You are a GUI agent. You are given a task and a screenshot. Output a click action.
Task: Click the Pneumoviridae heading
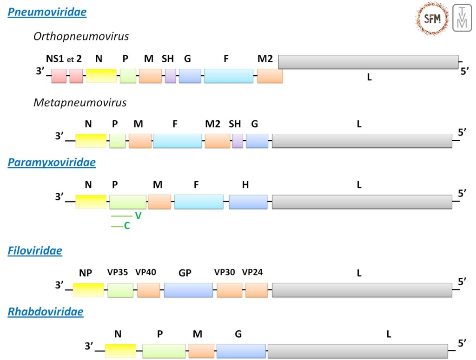pos(47,13)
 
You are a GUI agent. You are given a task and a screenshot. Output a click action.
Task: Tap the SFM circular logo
pos(432,19)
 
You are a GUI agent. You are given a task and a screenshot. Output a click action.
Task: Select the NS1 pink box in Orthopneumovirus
pos(59,76)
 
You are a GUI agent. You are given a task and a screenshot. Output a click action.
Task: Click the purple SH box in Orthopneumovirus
pos(171,76)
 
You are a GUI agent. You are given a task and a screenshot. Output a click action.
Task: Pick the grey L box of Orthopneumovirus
pos(368,62)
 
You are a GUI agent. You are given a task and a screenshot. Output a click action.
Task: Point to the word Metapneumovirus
pos(80,102)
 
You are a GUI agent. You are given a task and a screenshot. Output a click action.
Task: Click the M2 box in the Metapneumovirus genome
pos(217,141)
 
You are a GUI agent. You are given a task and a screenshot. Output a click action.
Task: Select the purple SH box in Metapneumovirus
pos(238,141)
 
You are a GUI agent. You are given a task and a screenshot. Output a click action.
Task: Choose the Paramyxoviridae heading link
pos(52,163)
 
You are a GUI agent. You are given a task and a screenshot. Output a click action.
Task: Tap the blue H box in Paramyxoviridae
pos(248,202)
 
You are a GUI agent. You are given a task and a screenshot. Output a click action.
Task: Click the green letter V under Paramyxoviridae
pos(138,216)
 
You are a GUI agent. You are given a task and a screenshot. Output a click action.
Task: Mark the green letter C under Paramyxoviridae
pos(127,226)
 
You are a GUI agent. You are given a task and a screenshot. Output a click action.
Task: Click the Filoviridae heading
pos(35,251)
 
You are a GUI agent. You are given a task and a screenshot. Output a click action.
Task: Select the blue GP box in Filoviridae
pos(188,290)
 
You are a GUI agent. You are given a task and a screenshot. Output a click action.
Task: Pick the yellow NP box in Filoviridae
pos(88,290)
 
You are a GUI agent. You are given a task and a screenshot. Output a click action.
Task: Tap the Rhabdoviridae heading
pos(46,312)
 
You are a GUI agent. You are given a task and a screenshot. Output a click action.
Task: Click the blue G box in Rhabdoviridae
pos(241,351)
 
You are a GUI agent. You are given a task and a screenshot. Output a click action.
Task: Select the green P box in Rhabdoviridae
pos(164,351)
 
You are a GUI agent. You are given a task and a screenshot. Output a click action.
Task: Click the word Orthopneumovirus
pos(81,36)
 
